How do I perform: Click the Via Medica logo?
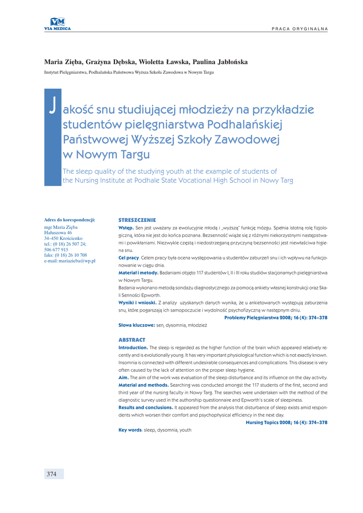57,23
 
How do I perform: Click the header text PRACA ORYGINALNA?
300,29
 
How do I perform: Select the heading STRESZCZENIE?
137,220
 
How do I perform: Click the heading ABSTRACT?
132,340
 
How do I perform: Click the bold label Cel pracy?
128,258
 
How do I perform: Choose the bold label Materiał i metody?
138,273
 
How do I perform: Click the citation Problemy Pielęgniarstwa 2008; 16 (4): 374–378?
276,318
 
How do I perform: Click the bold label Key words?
130,430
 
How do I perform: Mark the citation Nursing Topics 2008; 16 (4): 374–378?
286,423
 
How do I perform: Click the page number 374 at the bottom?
52,474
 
